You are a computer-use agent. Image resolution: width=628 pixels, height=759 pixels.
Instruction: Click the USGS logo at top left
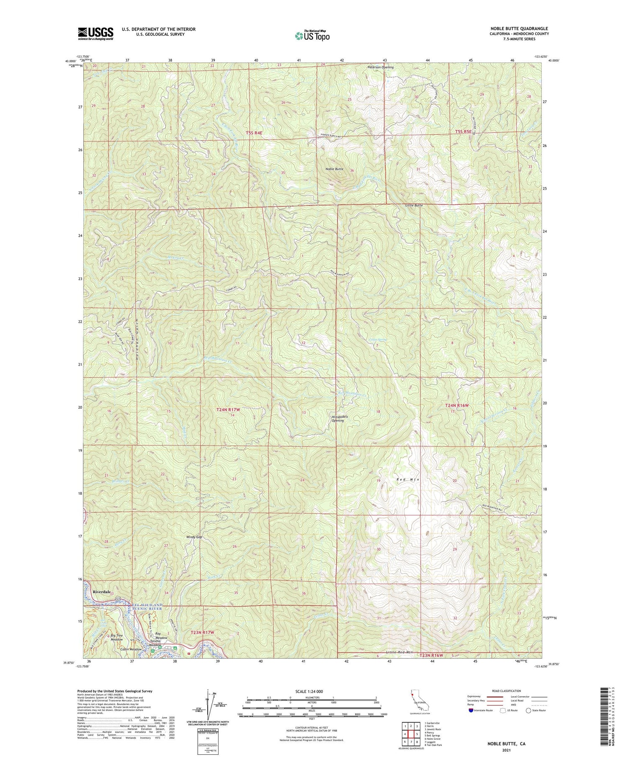[x=95, y=33]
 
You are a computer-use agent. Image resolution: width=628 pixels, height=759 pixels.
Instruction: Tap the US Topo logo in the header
[x=312, y=36]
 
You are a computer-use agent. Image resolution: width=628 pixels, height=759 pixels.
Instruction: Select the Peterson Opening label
[x=380, y=67]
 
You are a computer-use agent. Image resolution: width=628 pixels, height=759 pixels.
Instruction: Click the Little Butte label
[x=414, y=206]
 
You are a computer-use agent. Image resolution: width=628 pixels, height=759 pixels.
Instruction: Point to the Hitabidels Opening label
[x=338, y=419]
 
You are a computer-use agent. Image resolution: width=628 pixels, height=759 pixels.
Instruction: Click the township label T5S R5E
[x=463, y=131]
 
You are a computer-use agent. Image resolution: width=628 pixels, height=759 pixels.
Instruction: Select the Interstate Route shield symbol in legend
[x=471, y=710]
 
